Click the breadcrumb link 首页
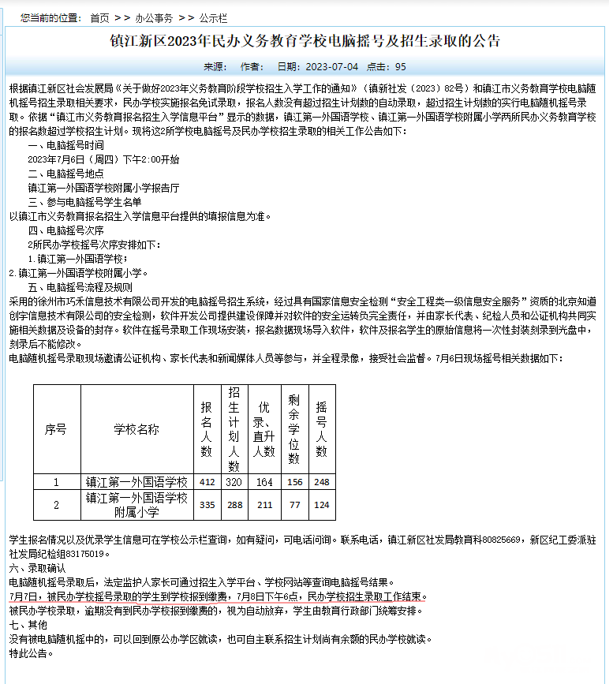[x=99, y=17]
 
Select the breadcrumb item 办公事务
[x=153, y=17]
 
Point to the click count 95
[x=401, y=67]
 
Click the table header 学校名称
[x=136, y=430]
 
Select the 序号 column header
[x=55, y=430]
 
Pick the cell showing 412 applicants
[x=207, y=482]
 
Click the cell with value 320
[x=234, y=482]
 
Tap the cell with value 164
[x=264, y=482]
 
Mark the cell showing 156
[x=295, y=482]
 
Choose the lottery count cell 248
[x=321, y=482]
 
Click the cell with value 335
[x=207, y=505]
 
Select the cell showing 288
[x=234, y=505]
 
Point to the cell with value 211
[x=264, y=505]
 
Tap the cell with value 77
[x=295, y=505]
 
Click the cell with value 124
[x=321, y=505]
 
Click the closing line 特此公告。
[x=30, y=653]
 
